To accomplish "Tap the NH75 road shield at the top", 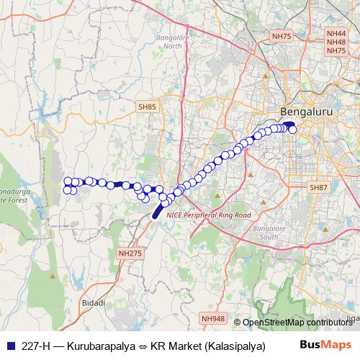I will pos(280,35).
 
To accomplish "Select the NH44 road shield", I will pos(336,33).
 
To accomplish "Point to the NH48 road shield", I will pos(336,42).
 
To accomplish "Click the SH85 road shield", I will pos(146,107).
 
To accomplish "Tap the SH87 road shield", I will pos(318,187).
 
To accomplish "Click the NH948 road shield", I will pos(213,318).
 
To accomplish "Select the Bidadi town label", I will pos(94,303).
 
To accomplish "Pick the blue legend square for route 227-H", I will pos(9,345).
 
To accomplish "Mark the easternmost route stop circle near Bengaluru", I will pos(292,130).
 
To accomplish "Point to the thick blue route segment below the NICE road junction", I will pos(156,211).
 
